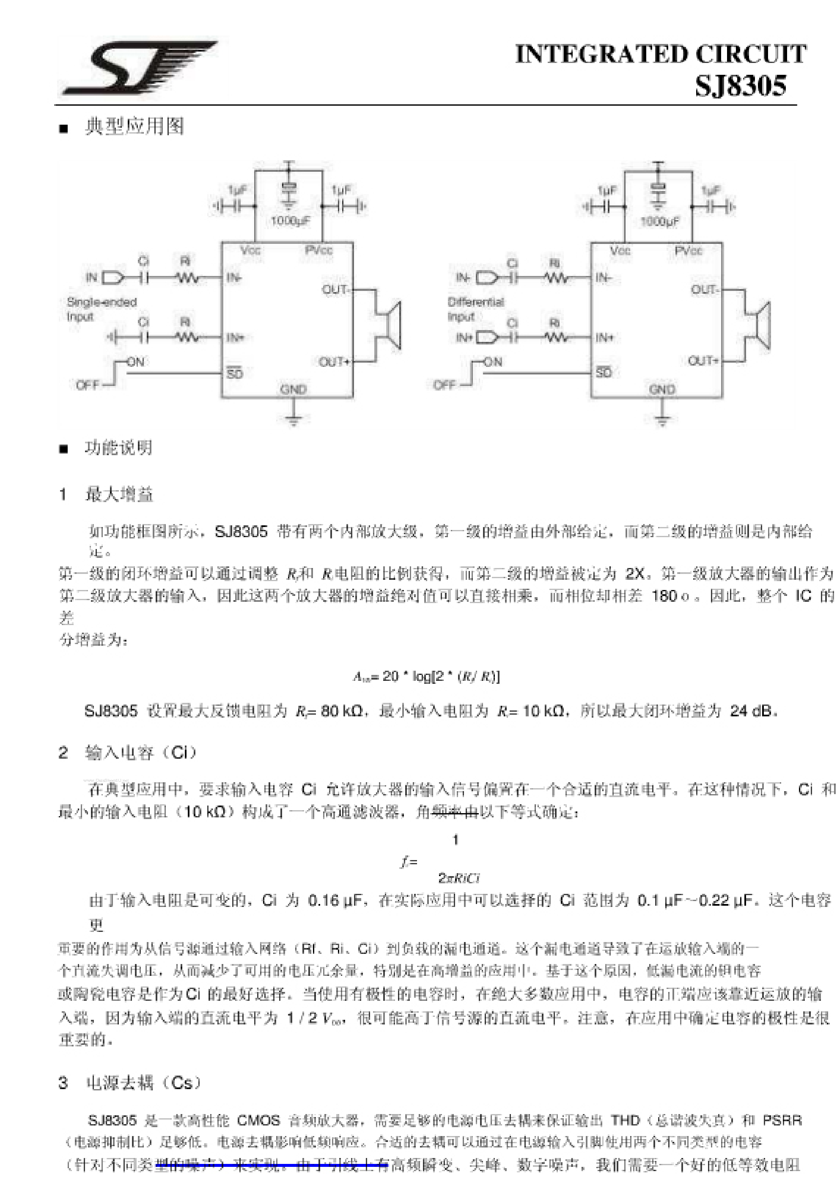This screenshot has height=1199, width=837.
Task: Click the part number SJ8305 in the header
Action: coord(740,86)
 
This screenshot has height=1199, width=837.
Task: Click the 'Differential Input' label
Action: coord(475,309)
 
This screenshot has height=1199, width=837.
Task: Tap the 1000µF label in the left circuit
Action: coord(290,221)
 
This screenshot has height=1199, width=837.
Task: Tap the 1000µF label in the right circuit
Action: coord(659,221)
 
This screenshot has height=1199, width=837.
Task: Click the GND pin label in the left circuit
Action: coord(293,389)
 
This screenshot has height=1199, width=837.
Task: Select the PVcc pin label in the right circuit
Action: coord(688,251)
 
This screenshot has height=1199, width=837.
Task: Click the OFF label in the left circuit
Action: coord(87,385)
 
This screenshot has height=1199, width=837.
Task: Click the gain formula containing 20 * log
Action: coord(426,676)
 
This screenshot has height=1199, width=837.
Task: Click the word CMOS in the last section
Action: coord(258,1120)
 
